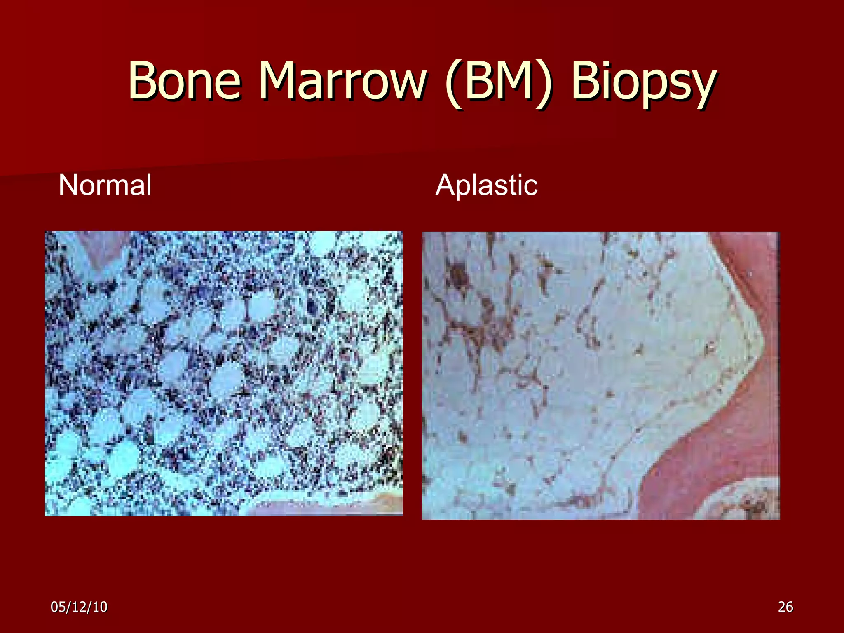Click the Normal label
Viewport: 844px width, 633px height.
[x=105, y=185]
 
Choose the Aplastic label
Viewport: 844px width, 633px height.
[x=486, y=185]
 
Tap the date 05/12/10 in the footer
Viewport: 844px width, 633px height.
[x=79, y=607]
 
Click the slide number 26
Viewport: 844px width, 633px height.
[x=785, y=607]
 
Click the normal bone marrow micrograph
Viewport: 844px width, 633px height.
[x=224, y=373]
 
